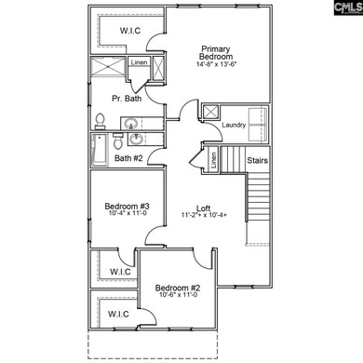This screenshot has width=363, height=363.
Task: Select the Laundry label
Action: (x=234, y=124)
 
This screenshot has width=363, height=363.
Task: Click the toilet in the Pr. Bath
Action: (x=100, y=120)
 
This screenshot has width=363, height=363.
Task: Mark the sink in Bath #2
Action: (x=138, y=140)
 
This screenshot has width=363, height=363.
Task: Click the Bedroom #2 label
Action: (x=173, y=288)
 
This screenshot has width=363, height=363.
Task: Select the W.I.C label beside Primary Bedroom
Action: (x=130, y=31)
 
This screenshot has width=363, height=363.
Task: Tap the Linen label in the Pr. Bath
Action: (x=138, y=62)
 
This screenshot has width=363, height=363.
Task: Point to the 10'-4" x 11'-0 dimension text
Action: (x=121, y=213)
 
